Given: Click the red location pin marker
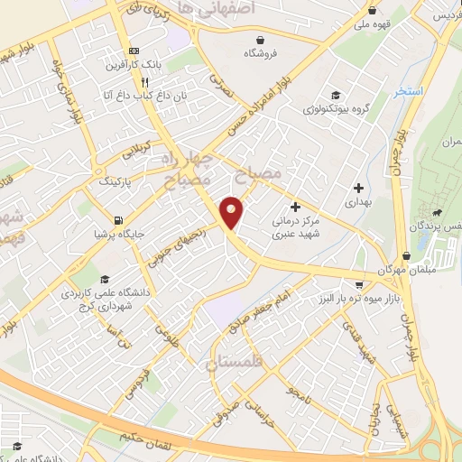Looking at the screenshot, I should coord(232,212).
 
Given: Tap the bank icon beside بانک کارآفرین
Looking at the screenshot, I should coord(134,51).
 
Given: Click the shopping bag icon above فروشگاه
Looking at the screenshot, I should coord(261,40).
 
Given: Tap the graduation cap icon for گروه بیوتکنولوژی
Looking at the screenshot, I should coord(335,95).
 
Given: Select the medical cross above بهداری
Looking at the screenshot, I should coord(359,189).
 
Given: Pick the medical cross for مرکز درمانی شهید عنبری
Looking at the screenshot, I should coord(295,207).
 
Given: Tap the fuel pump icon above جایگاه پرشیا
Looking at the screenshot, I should coord(118,221).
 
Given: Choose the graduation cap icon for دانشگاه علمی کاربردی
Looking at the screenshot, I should coord(106,280).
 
